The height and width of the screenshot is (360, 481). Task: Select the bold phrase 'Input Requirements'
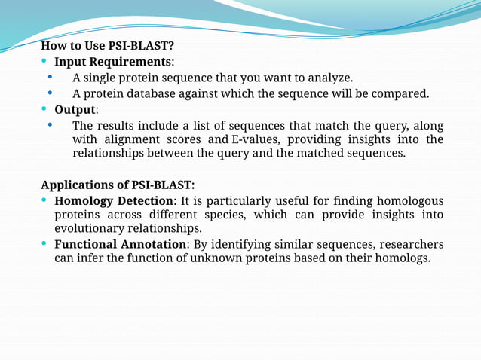113,61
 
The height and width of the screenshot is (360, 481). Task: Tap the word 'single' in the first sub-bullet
103,78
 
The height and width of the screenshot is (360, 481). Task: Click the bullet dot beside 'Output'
45,109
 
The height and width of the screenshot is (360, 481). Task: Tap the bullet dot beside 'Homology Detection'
45,200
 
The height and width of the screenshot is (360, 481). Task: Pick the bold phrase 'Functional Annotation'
120,244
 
